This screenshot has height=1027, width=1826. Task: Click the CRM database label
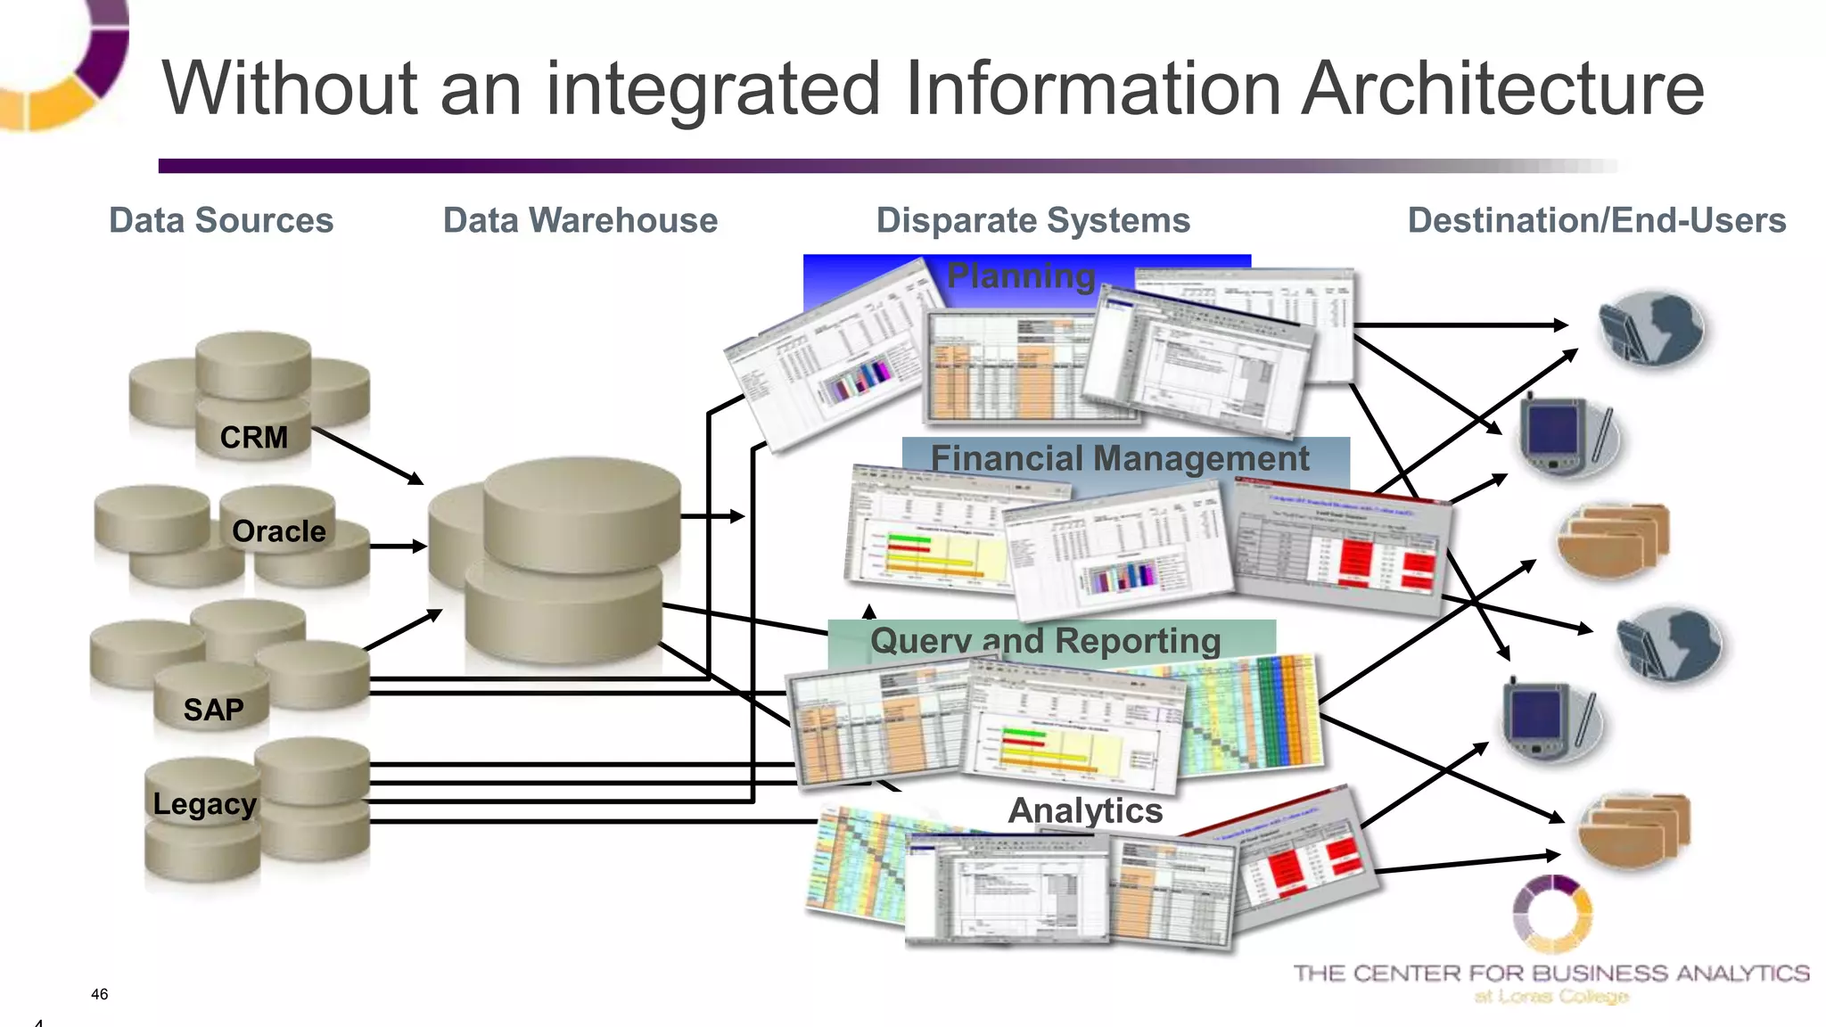click(254, 438)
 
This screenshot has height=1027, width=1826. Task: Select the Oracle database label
click(278, 531)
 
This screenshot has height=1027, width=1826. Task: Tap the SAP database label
click(213, 710)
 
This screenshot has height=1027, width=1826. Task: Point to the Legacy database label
click(204, 804)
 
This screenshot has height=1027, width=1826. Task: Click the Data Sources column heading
click(221, 220)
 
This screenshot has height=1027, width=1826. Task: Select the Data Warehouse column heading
click(580, 220)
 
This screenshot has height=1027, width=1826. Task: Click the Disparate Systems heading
click(1032, 220)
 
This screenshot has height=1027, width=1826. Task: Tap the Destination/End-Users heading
click(1596, 220)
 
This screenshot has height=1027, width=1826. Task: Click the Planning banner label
click(1021, 276)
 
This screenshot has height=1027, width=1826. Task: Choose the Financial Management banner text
click(1120, 458)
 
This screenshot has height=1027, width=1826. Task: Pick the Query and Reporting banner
click(1045, 641)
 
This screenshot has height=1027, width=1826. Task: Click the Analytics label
click(1085, 810)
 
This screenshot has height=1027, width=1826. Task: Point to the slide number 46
click(99, 994)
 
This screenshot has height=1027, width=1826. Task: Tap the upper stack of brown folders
click(1612, 539)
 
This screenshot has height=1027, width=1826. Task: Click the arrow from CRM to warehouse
click(367, 456)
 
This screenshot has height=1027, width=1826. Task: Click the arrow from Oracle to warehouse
click(398, 546)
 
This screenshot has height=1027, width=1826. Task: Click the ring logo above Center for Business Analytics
click(1552, 914)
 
